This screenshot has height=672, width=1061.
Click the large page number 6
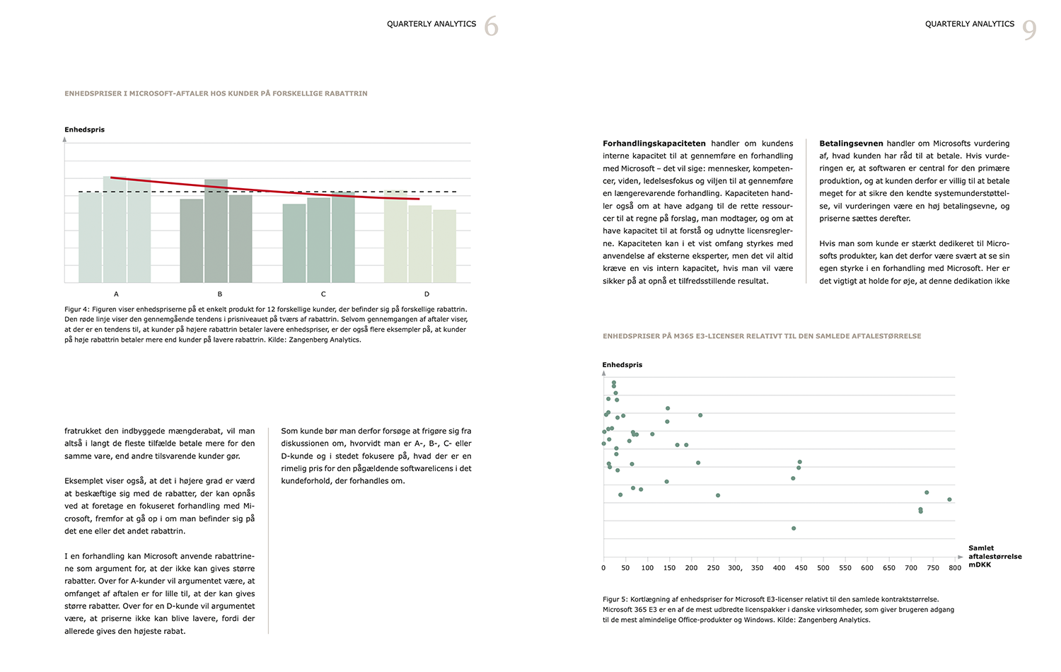[491, 27]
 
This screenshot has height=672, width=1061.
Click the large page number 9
[1029, 30]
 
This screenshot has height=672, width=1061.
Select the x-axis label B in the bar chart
[220, 294]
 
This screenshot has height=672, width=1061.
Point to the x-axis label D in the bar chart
[427, 294]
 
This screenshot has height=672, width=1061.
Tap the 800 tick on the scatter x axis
[955, 568]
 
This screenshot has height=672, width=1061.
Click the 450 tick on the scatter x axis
[801, 568]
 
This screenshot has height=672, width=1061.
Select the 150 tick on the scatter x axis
[669, 568]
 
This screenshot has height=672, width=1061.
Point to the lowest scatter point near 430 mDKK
[794, 528]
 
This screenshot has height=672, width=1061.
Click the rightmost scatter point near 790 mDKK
[949, 499]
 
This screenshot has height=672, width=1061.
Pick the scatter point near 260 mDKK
[718, 495]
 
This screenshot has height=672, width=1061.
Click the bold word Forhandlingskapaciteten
[654, 144]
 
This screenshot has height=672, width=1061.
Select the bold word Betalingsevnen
[851, 144]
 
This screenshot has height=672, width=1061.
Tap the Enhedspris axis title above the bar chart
[84, 130]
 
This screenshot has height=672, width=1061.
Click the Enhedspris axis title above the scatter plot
[622, 365]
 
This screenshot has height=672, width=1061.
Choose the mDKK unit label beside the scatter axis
[980, 565]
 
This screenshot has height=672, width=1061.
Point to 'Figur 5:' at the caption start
[615, 599]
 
